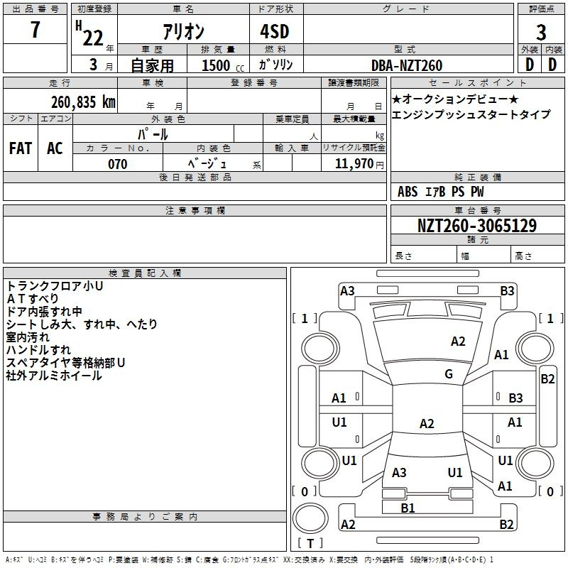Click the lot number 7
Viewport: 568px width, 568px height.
tap(35, 29)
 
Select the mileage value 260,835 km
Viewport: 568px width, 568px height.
tap(83, 102)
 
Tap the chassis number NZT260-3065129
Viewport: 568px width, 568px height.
tap(476, 225)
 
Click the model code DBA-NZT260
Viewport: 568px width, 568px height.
tap(407, 65)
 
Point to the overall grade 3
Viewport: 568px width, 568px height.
tap(541, 33)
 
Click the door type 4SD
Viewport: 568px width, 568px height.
tap(275, 31)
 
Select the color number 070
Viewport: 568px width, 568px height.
tap(118, 164)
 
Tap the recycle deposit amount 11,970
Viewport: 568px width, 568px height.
tap(354, 163)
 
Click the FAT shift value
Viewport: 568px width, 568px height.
tap(21, 148)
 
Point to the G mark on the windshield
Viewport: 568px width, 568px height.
tap(449, 374)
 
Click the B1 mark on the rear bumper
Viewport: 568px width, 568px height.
tap(408, 508)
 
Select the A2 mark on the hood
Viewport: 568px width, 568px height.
tap(458, 342)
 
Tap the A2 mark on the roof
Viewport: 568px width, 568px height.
tap(427, 423)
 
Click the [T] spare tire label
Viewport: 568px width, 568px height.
tap(310, 543)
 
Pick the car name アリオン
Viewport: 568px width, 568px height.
tap(183, 32)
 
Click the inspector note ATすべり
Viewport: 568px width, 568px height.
tap(33, 298)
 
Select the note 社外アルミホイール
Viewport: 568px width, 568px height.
tap(54, 376)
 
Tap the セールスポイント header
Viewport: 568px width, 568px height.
tap(477, 83)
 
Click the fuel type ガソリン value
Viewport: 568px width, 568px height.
tap(275, 65)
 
